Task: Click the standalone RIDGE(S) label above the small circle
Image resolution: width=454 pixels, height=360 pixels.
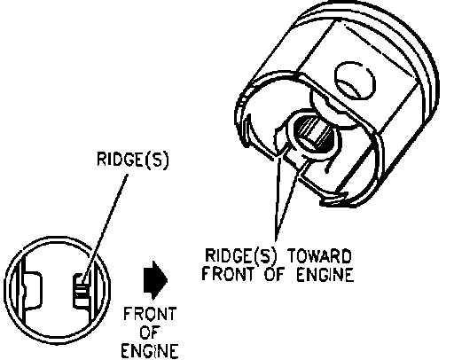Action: (133, 160)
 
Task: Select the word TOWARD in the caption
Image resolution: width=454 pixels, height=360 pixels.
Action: (320, 255)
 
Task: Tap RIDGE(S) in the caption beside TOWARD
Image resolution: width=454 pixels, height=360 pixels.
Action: (241, 256)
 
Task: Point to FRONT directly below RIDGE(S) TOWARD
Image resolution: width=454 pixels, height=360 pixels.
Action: (228, 274)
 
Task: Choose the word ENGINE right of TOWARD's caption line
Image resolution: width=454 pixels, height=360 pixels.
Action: (325, 274)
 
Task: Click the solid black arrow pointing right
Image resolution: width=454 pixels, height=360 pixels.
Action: (156, 280)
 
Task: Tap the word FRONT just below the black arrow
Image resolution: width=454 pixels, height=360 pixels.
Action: (150, 314)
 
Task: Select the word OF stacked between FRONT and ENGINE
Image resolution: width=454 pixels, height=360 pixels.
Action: (150, 333)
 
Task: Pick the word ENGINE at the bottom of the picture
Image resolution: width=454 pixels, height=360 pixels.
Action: (150, 350)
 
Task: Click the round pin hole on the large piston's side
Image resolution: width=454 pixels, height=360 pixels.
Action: (355, 81)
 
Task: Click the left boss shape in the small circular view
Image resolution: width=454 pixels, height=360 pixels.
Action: (32, 290)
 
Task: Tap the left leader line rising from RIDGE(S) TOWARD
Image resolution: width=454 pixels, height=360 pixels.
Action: (278, 198)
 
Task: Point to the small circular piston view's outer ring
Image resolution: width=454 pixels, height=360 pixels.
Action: (57, 237)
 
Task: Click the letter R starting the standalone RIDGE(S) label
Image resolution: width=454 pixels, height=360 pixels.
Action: (102, 159)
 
